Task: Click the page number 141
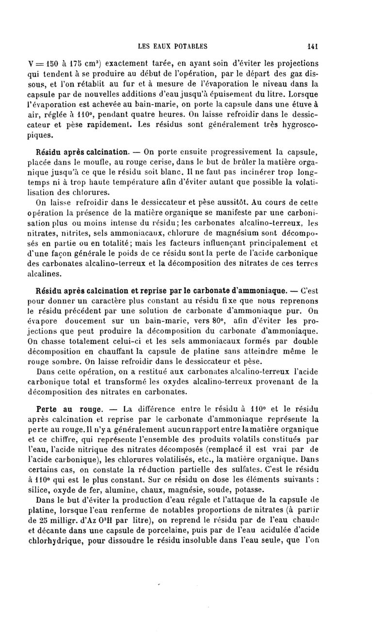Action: click(x=312, y=47)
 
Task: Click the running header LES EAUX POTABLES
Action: click(x=173, y=47)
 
